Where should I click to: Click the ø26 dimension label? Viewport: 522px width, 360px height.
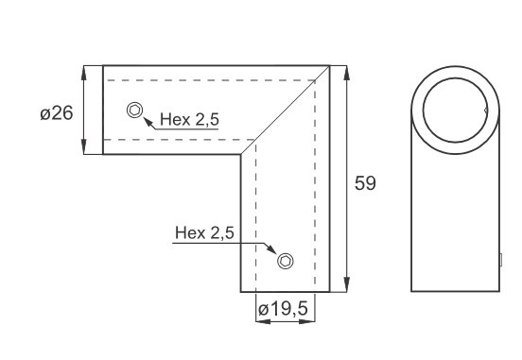(56, 113)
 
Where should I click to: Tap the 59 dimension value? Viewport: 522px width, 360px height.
(365, 183)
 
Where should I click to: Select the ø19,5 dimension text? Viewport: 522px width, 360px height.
(283, 309)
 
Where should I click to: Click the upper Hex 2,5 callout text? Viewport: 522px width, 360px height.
(189, 119)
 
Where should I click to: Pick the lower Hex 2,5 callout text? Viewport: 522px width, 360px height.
(204, 232)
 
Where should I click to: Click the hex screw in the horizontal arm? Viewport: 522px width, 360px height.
(135, 110)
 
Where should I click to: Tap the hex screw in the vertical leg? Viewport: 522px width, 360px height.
(286, 261)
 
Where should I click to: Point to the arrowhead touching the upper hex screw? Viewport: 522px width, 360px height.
(148, 122)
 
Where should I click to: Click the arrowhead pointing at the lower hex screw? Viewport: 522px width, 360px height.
(271, 249)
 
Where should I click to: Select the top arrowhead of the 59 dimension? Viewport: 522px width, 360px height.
(347, 73)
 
